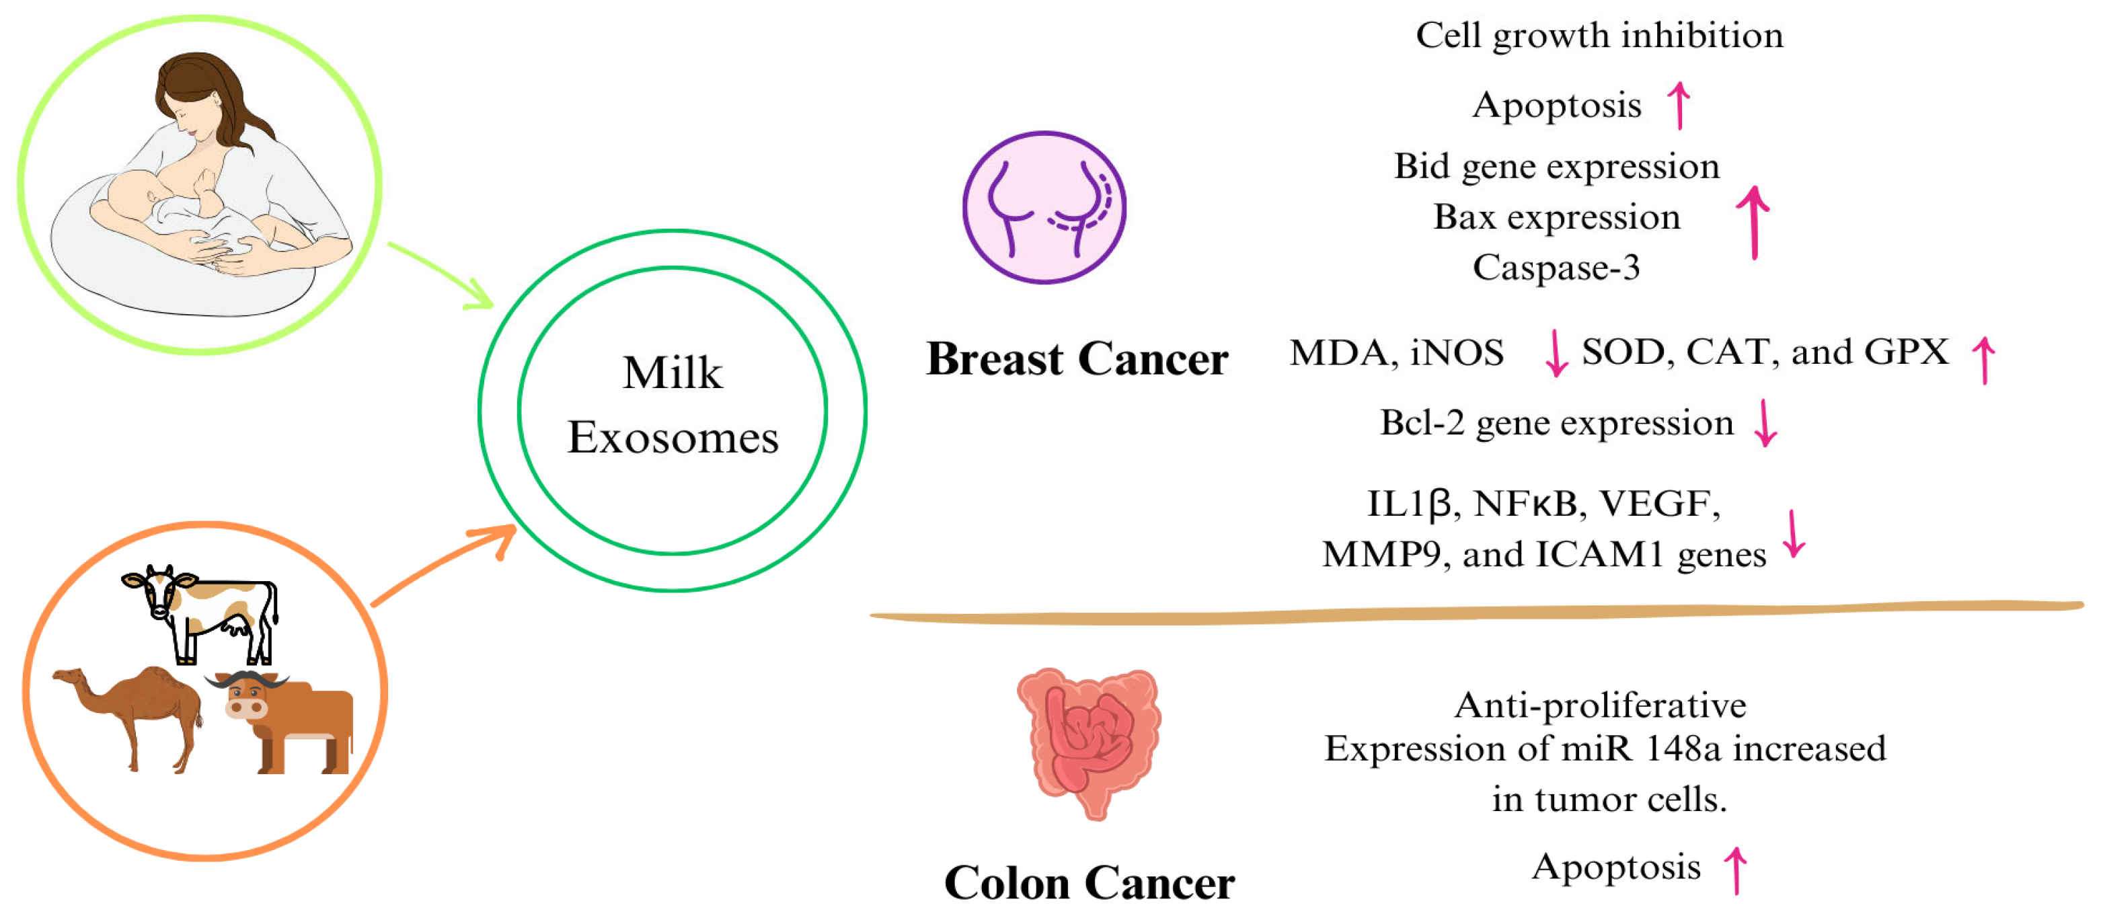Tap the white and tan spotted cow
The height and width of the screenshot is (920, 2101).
[x=204, y=612]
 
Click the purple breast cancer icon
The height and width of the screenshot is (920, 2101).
[x=1044, y=208]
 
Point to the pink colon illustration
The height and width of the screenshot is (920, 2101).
[x=1089, y=738]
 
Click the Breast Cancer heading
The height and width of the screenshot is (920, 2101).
[x=1077, y=359]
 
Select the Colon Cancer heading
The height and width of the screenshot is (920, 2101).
[x=1089, y=882]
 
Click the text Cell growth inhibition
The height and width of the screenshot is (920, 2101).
[x=1599, y=36]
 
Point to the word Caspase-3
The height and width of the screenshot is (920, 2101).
[x=1556, y=268]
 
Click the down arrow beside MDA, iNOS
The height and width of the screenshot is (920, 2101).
[x=1556, y=353]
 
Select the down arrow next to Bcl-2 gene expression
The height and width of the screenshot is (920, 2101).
[x=1766, y=422]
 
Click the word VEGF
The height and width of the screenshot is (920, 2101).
[x=1659, y=504]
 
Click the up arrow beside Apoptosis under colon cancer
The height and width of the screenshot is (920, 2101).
[x=1736, y=870]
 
